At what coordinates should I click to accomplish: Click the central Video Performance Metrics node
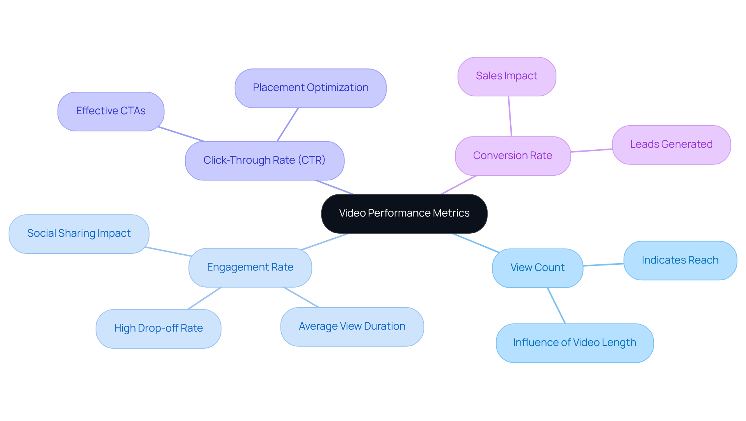(x=404, y=213)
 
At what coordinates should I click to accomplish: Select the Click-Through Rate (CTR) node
(x=265, y=161)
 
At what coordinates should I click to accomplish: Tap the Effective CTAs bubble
(x=111, y=111)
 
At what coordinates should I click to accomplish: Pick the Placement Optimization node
(x=310, y=88)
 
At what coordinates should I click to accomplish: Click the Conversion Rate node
(x=512, y=155)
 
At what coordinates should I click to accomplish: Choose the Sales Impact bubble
(x=507, y=76)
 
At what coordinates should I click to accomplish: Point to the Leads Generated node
(x=671, y=145)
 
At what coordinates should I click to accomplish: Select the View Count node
(x=537, y=268)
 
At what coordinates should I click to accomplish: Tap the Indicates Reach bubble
(x=680, y=260)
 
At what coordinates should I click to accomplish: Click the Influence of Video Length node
(x=574, y=343)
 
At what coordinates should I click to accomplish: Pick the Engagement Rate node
(x=250, y=267)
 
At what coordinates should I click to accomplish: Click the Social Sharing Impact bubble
(x=79, y=234)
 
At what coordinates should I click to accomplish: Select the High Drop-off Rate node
(x=158, y=328)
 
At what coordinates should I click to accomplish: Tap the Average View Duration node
(x=352, y=327)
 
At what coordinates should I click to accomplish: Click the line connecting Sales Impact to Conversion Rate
(x=510, y=116)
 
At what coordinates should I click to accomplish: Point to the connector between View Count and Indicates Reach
(x=603, y=265)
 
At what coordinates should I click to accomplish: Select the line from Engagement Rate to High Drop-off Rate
(x=204, y=298)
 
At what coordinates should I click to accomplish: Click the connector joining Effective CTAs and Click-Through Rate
(x=181, y=134)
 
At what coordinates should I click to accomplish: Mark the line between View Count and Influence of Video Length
(x=556, y=306)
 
